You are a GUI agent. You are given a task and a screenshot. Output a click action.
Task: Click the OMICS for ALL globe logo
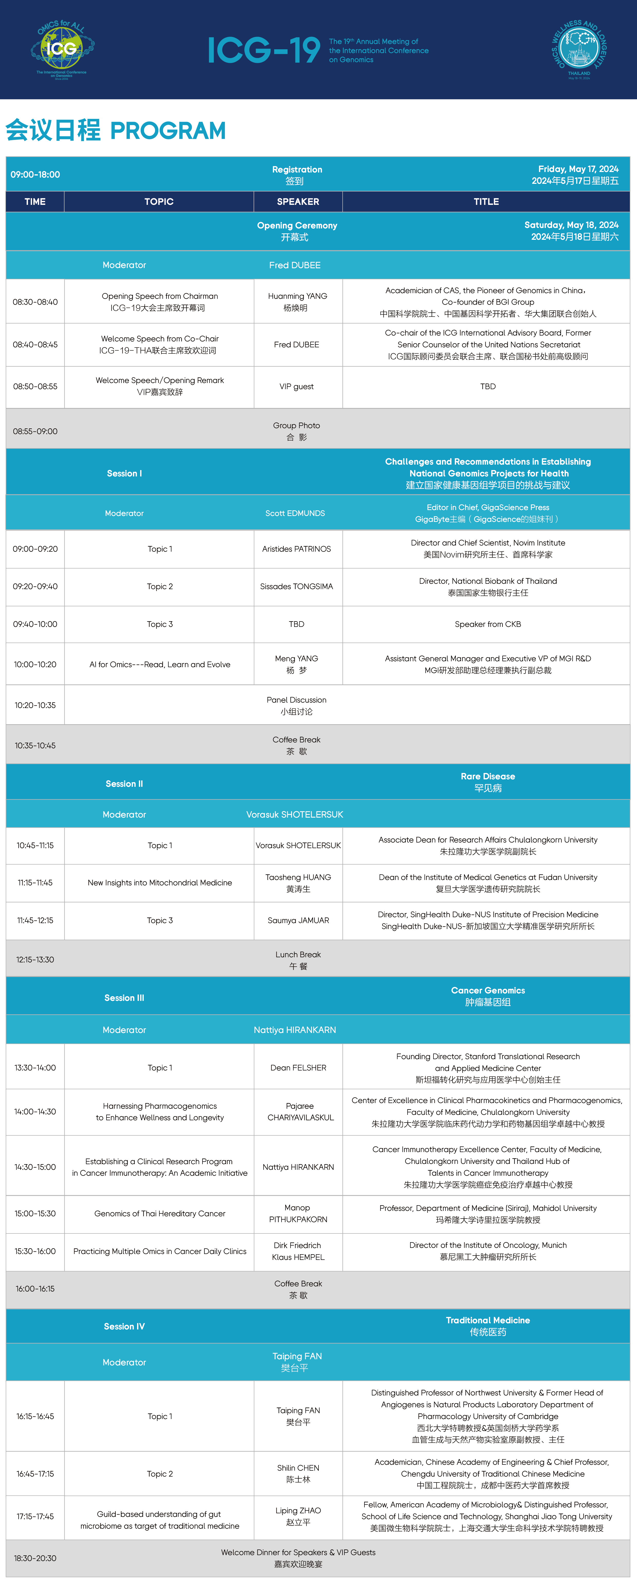[x=62, y=49]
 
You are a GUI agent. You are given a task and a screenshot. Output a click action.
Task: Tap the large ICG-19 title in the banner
[x=264, y=50]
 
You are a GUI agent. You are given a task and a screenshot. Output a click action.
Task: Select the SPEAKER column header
[x=298, y=202]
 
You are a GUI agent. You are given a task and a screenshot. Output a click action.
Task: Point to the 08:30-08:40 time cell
[x=35, y=302]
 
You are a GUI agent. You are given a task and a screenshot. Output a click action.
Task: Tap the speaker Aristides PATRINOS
[x=297, y=549]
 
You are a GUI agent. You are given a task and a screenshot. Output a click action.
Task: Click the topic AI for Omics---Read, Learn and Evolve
[x=160, y=664]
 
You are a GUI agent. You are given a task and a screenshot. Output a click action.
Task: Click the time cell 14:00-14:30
[x=35, y=1112]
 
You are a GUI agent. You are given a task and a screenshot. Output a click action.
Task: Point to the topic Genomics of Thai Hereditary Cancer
[x=160, y=1213]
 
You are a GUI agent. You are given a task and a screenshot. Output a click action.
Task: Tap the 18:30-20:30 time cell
[x=35, y=1558]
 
